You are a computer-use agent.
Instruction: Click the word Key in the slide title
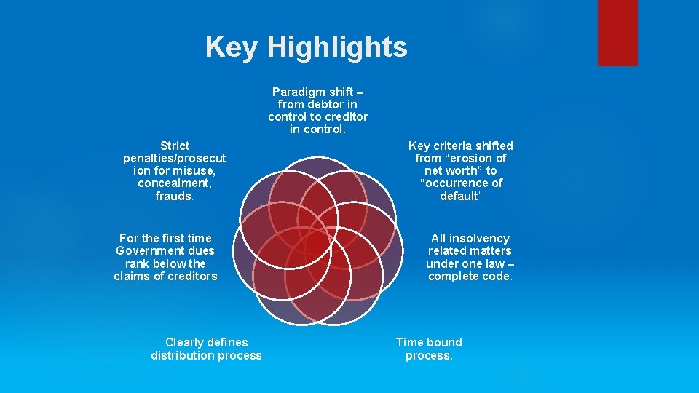click(232, 47)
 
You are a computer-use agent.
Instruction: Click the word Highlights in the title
click(337, 48)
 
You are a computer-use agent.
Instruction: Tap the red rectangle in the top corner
click(617, 32)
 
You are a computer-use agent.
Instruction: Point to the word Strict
click(174, 146)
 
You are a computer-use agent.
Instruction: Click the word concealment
click(174, 183)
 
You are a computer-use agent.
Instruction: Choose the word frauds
click(173, 196)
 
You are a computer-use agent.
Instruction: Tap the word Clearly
click(185, 342)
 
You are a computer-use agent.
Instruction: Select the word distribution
click(183, 355)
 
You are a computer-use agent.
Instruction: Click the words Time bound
click(429, 342)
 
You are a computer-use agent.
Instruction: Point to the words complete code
click(469, 276)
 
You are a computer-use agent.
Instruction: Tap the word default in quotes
click(459, 196)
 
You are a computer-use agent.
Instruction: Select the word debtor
click(320, 104)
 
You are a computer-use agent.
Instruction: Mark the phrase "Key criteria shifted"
click(461, 146)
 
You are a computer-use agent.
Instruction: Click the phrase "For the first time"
click(165, 238)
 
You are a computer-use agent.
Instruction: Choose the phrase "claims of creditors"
click(165, 276)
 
